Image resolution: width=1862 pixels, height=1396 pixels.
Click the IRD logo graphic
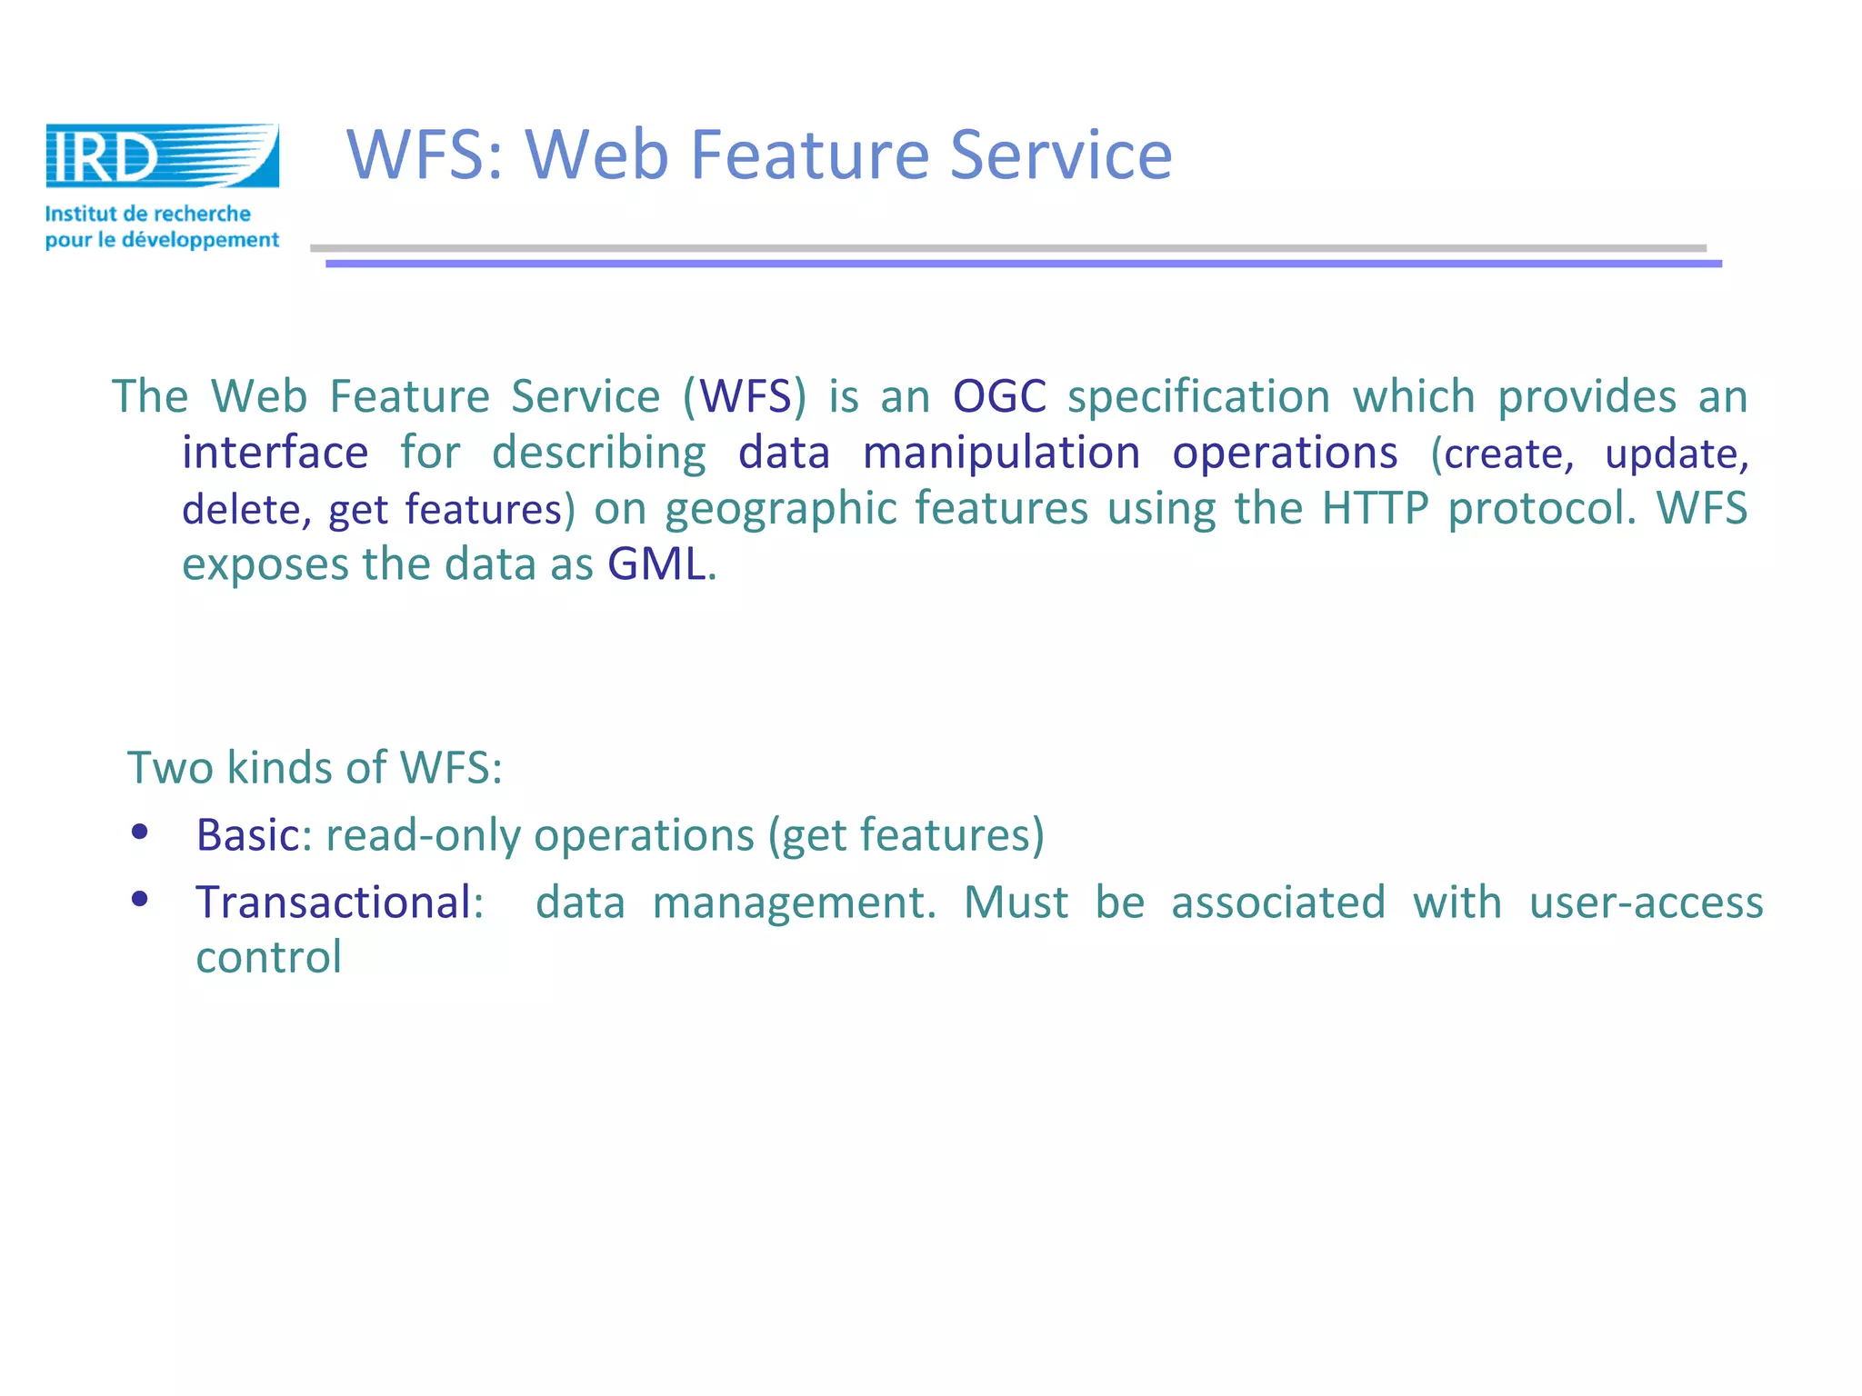tap(162, 156)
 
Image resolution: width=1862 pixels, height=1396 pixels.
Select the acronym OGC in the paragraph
tap(999, 397)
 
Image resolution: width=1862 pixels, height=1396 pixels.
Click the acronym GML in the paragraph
tap(656, 564)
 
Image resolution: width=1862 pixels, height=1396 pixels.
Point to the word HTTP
tap(1375, 508)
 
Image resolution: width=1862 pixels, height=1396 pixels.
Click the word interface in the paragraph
tap(275, 453)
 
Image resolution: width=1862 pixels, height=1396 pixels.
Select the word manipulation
tap(1001, 453)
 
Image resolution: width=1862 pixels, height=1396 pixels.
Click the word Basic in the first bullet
tap(247, 835)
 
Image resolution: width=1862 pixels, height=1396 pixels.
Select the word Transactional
tap(334, 902)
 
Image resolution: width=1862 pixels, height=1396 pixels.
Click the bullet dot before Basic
tap(140, 832)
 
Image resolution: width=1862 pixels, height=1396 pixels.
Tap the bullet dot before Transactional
tap(140, 899)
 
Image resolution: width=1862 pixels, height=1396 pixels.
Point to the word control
tap(268, 958)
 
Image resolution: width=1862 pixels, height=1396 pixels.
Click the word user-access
tap(1646, 902)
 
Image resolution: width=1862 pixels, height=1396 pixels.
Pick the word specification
tap(1197, 397)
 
